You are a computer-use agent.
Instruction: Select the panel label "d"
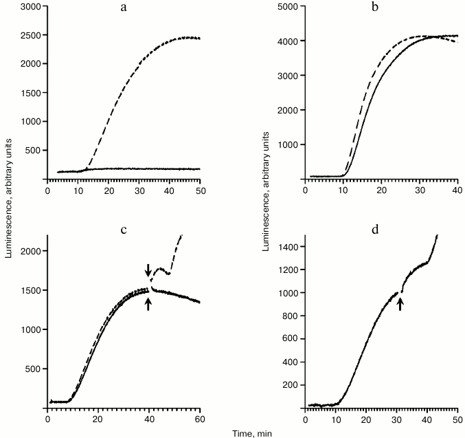[376, 230]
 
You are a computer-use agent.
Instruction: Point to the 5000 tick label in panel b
[288, 7]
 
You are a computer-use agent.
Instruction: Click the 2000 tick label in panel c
[31, 252]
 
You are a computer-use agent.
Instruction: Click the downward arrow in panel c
[148, 269]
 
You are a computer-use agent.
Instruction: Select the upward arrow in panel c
[148, 303]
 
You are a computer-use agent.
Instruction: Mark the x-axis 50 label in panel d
[457, 420]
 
